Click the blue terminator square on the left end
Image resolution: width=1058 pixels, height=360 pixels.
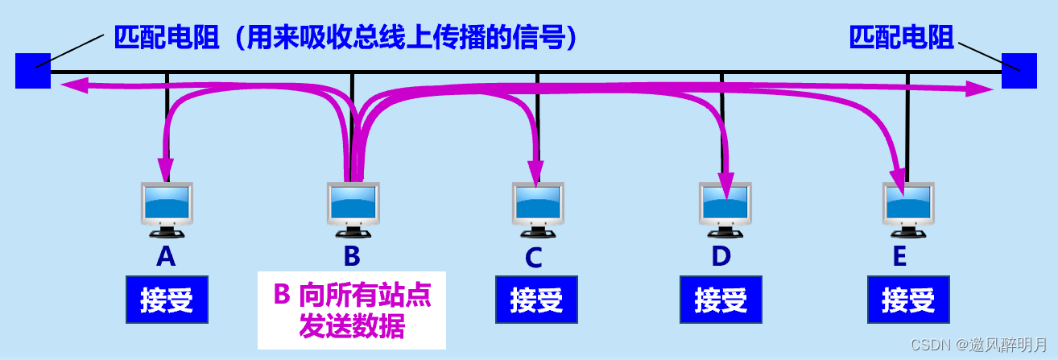(x=33, y=70)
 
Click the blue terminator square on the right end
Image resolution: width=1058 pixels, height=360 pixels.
(x=1019, y=70)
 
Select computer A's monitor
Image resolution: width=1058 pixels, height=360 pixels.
(x=167, y=205)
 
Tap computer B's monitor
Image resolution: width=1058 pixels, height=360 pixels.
(x=353, y=205)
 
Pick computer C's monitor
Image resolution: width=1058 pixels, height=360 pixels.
(x=539, y=205)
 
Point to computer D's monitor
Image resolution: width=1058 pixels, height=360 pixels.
(x=725, y=205)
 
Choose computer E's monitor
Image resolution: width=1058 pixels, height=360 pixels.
(x=909, y=205)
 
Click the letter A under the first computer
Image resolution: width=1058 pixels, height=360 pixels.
(x=166, y=256)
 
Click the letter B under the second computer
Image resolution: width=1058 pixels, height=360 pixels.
(x=352, y=256)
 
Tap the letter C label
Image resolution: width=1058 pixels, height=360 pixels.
(x=533, y=259)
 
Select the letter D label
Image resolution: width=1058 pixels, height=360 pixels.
(x=721, y=256)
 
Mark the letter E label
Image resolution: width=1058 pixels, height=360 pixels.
(x=899, y=256)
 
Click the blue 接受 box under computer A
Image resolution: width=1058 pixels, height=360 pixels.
(x=167, y=300)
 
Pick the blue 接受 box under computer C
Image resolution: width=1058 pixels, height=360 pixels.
(x=536, y=300)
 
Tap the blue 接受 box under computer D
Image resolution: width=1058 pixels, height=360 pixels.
(x=721, y=300)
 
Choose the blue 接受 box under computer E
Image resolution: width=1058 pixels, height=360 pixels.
(x=908, y=300)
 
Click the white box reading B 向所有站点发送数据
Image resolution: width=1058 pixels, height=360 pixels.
(x=352, y=310)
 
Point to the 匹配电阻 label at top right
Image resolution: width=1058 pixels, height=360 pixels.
(x=901, y=38)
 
